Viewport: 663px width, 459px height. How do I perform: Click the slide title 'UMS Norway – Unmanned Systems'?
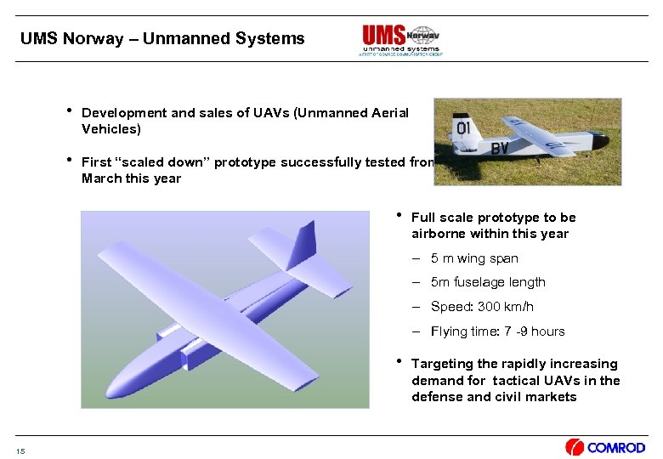click(161, 39)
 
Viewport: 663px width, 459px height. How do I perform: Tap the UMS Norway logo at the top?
click(400, 39)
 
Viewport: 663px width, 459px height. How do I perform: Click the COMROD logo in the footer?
click(605, 447)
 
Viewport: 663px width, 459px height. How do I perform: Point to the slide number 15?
click(20, 450)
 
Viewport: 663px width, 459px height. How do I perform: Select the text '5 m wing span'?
click(473, 258)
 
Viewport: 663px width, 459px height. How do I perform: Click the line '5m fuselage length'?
click(488, 282)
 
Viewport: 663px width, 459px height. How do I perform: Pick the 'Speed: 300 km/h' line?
click(482, 307)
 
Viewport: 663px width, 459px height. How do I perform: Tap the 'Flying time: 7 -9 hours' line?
click(497, 331)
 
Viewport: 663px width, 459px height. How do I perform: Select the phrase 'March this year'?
click(131, 178)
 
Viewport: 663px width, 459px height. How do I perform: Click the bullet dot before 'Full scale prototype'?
click(399, 214)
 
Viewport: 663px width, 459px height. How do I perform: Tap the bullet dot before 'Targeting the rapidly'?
click(399, 360)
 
